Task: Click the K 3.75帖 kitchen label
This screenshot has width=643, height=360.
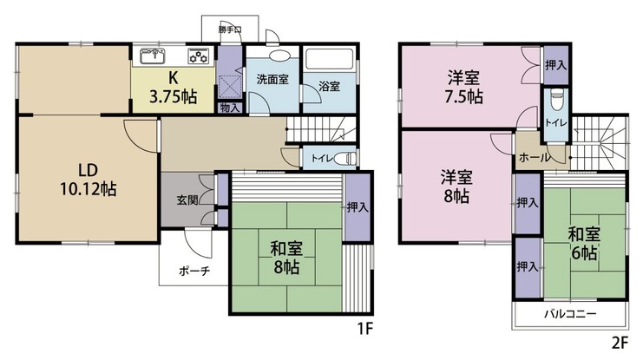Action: pos(176,88)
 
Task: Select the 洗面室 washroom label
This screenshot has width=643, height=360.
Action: pos(272,79)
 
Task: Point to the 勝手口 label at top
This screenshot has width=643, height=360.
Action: pos(230,29)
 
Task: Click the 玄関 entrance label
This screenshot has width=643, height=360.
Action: pos(187,200)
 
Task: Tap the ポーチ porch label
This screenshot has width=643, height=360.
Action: pos(194,269)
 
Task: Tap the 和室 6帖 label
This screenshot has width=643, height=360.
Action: pos(582,242)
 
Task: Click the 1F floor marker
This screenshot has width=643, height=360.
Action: pos(364,331)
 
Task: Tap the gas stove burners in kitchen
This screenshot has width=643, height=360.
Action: pos(200,57)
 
